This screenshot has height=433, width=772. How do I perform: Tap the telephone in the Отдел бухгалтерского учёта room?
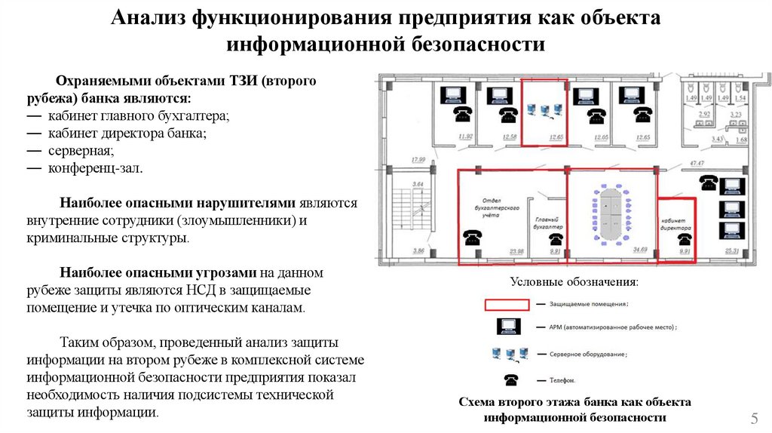[473, 237]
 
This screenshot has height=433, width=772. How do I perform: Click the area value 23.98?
[516, 251]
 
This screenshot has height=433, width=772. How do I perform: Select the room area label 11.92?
[465, 137]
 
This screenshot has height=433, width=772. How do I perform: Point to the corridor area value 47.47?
[696, 163]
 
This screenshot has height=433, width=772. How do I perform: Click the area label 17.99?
[418, 159]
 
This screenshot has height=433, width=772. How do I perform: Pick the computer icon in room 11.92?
[453, 94]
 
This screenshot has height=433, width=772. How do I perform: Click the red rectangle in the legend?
[506, 304]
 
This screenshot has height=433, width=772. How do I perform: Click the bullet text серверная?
[70, 150]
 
